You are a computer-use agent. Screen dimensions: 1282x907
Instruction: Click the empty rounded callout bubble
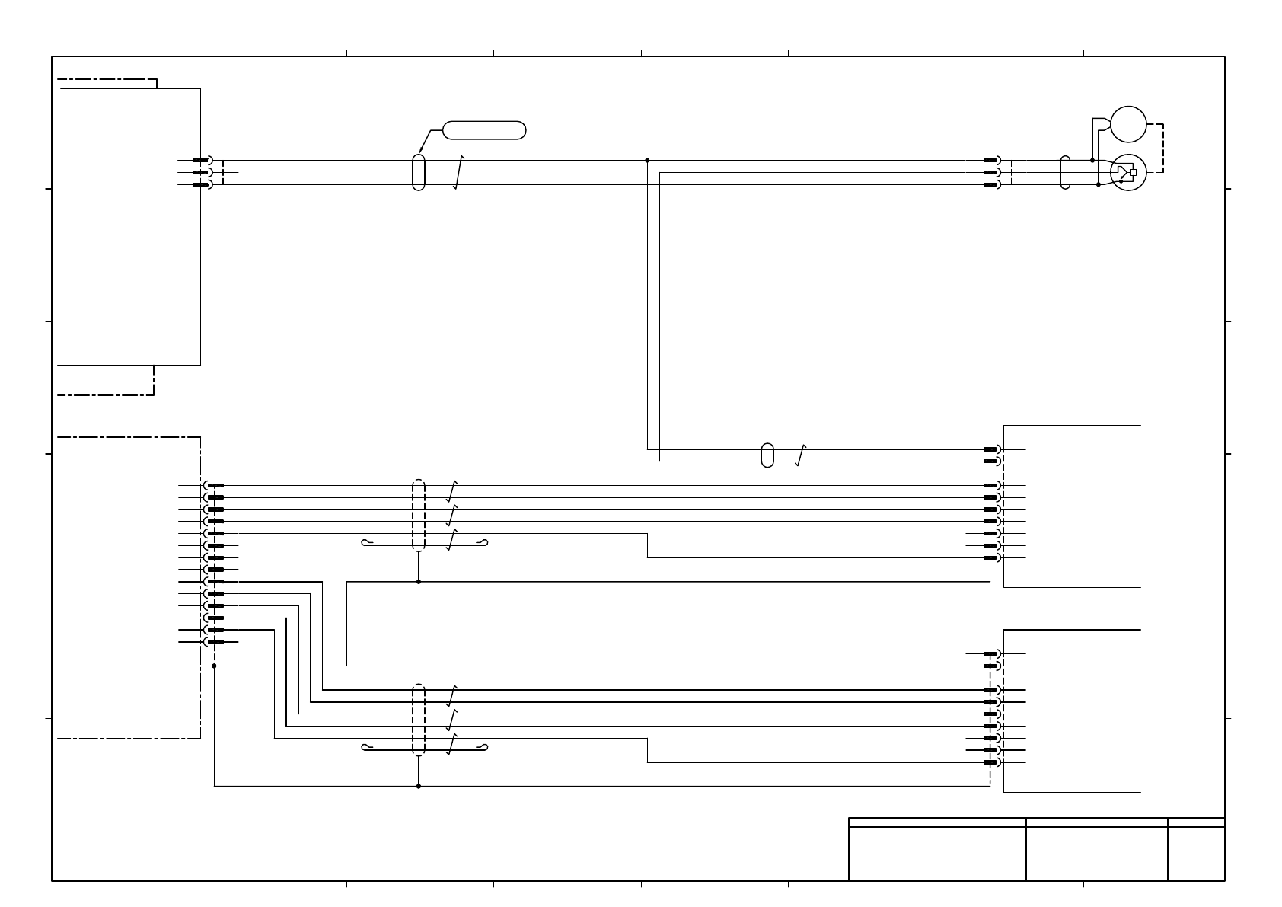(x=484, y=130)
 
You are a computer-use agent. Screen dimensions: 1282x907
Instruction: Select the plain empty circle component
(x=1127, y=124)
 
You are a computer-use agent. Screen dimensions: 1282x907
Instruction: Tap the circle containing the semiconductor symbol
(x=1127, y=173)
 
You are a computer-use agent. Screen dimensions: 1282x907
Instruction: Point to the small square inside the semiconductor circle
(x=1133, y=172)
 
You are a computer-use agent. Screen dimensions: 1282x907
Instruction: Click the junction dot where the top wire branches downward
(x=647, y=161)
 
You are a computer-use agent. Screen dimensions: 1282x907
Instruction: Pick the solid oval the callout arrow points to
(x=418, y=172)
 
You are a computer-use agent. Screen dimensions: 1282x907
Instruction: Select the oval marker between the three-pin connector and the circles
(x=1065, y=172)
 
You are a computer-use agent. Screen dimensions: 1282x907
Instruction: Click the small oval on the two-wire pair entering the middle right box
(x=767, y=455)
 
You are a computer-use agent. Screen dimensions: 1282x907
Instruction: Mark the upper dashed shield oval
(x=418, y=515)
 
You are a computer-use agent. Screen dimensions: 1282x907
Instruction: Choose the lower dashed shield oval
(x=418, y=720)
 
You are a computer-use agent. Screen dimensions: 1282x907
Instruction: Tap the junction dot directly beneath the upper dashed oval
(x=418, y=582)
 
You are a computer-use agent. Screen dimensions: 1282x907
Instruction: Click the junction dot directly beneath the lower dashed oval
(x=418, y=786)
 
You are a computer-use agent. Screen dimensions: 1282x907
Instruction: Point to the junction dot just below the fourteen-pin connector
(x=215, y=666)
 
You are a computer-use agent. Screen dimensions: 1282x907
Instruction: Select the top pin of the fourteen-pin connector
(x=215, y=485)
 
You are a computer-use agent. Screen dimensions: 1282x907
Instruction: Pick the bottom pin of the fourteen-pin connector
(x=215, y=642)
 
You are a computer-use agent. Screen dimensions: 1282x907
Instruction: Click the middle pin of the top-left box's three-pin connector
(x=200, y=173)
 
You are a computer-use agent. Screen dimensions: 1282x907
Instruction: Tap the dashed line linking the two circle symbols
(x=1162, y=148)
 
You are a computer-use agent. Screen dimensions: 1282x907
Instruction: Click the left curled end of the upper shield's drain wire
(x=366, y=543)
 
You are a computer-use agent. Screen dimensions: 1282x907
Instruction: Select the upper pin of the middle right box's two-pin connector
(x=990, y=449)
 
